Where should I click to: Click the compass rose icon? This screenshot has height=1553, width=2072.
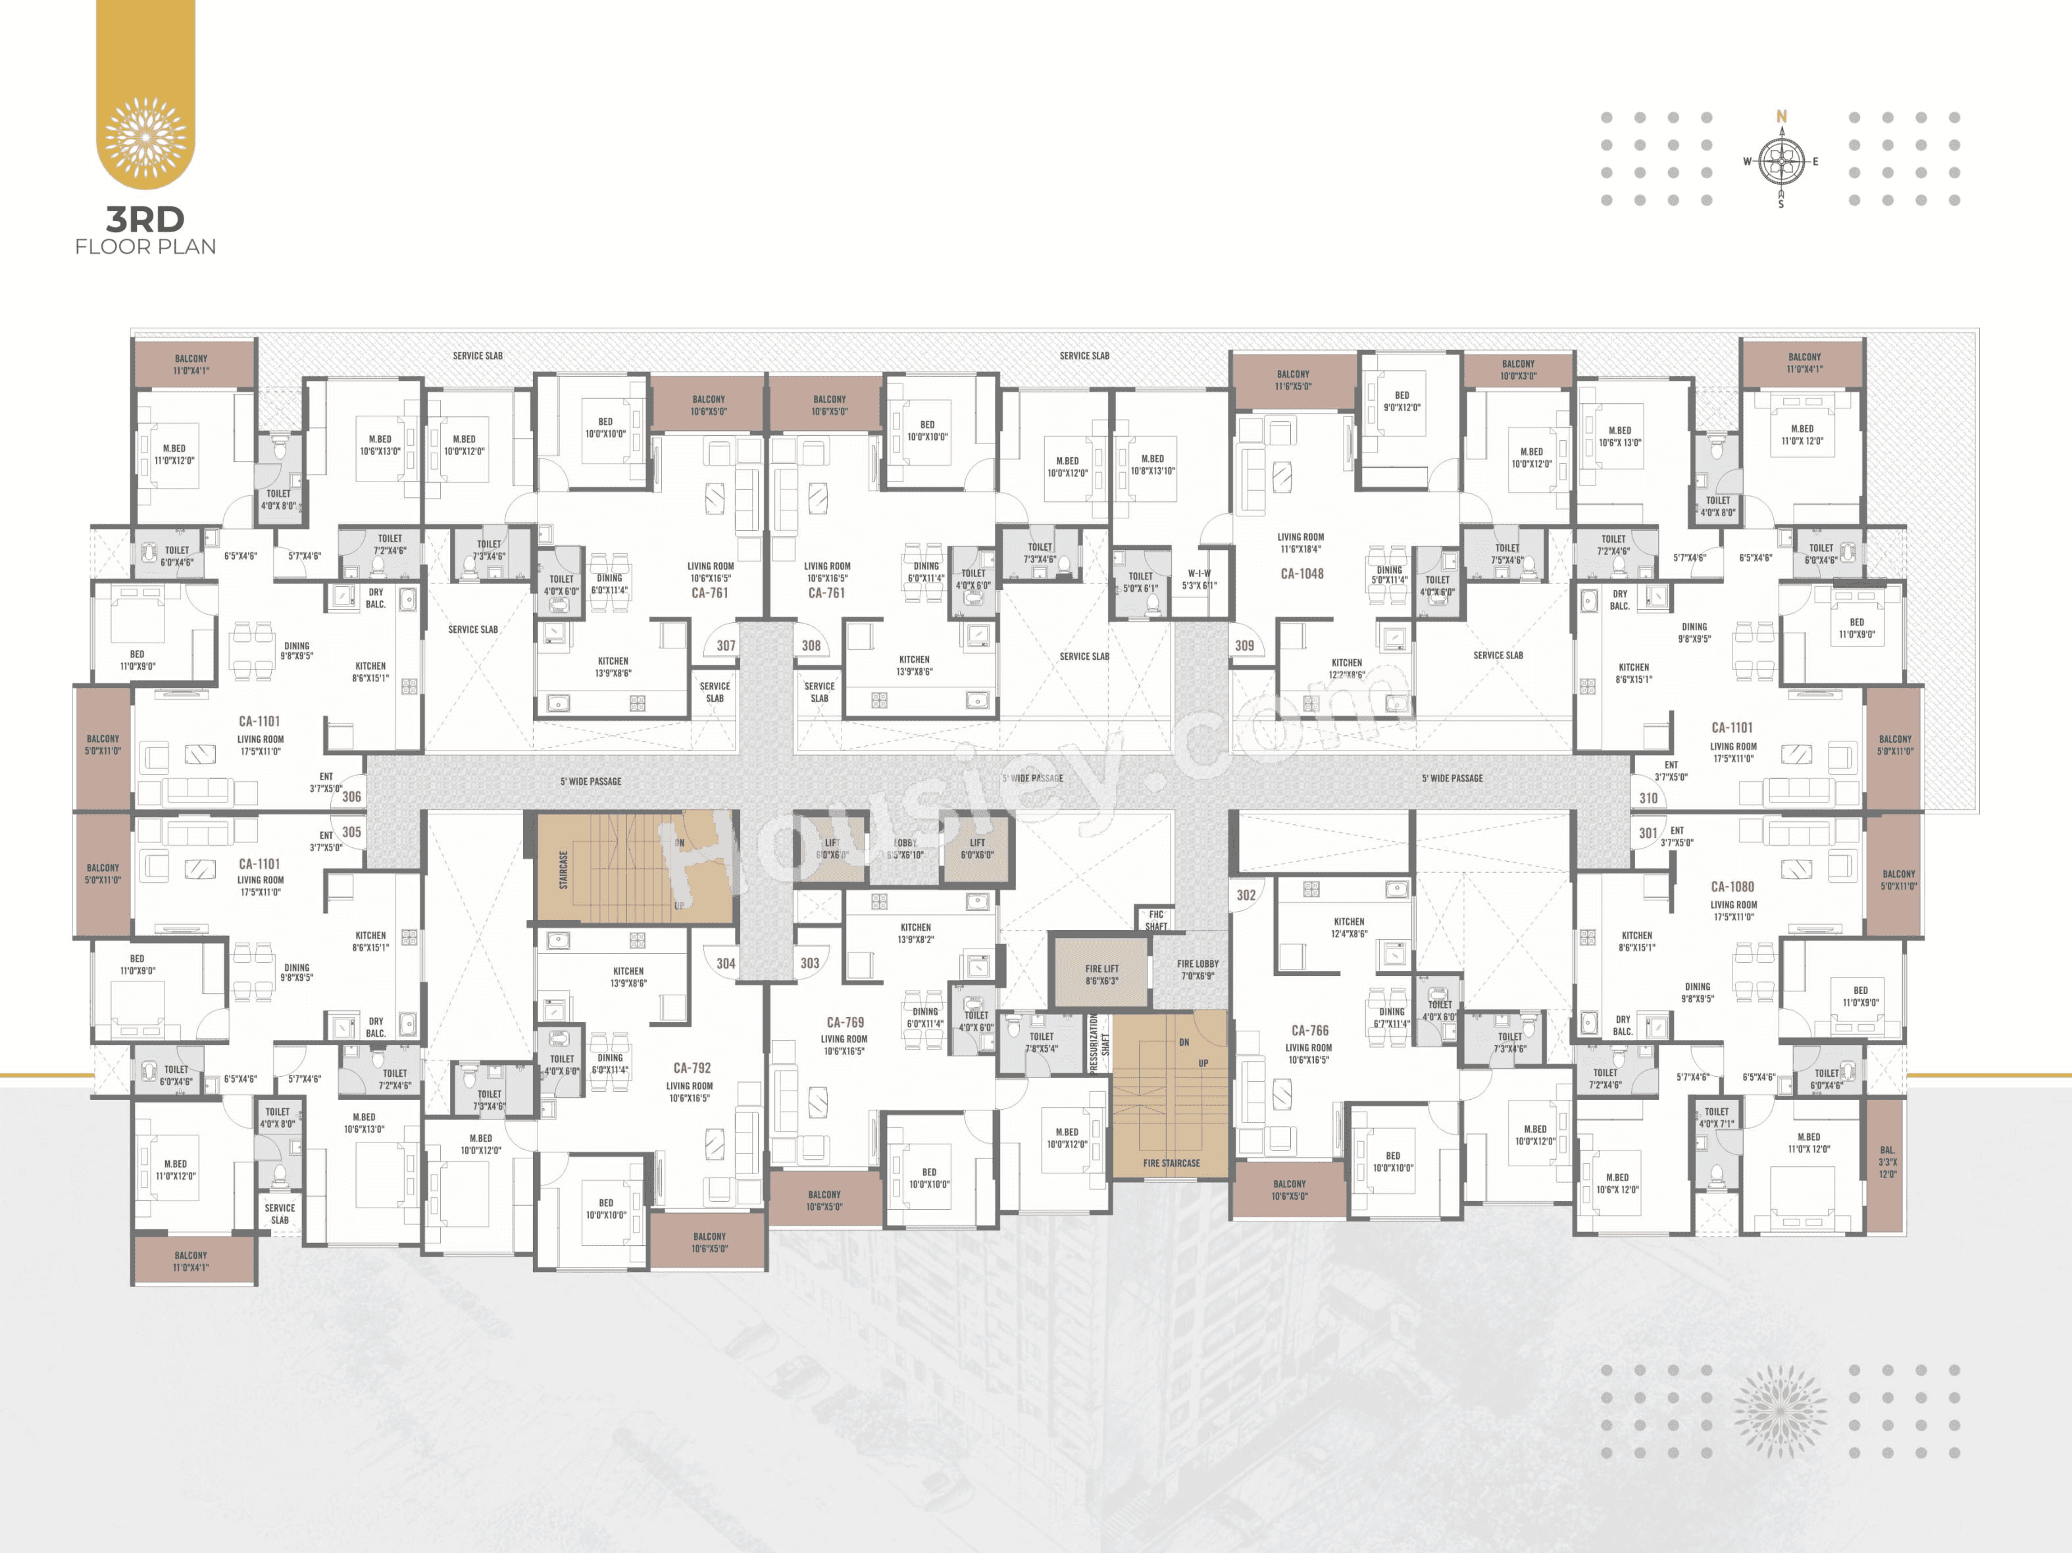(1781, 161)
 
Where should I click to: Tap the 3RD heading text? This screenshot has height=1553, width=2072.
(145, 219)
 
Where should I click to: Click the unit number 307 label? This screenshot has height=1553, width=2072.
(726, 645)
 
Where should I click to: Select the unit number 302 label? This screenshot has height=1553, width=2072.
(1246, 895)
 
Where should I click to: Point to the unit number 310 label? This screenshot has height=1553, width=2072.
(1649, 798)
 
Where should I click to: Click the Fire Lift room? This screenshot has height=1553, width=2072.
(1101, 974)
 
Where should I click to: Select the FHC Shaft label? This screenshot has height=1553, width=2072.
(1156, 920)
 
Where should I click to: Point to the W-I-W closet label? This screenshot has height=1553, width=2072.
(1199, 579)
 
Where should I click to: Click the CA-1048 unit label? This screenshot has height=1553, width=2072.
(1302, 573)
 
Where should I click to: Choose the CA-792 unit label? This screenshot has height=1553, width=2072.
(692, 1068)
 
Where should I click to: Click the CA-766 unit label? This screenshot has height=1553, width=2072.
(1309, 1030)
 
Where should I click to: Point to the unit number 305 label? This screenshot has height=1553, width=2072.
(351, 832)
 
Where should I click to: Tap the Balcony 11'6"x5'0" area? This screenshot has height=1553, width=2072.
(1293, 380)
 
